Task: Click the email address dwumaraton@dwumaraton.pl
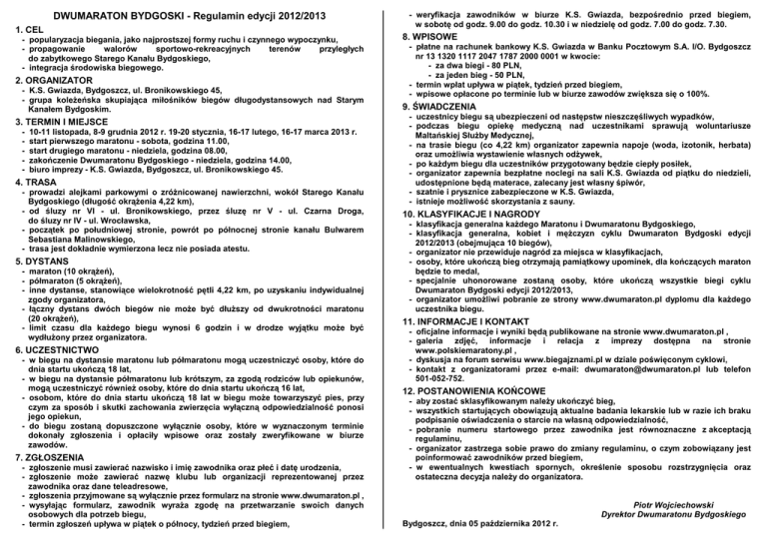point(625,340)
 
